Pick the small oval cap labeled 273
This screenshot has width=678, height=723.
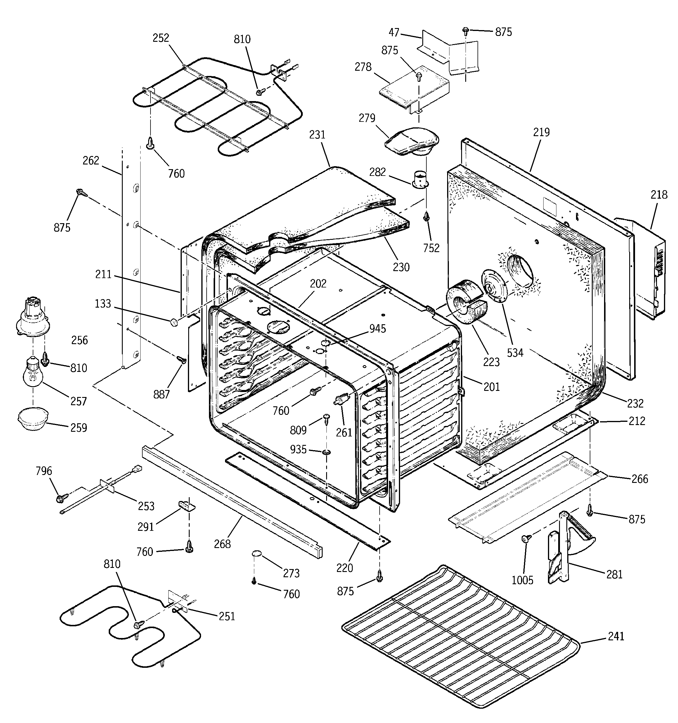[x=257, y=554]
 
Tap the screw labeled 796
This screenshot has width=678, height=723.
[x=60, y=498]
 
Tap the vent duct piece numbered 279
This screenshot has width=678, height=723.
[x=412, y=142]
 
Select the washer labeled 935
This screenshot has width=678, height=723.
[x=326, y=452]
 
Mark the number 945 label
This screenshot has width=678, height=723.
[x=377, y=328]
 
